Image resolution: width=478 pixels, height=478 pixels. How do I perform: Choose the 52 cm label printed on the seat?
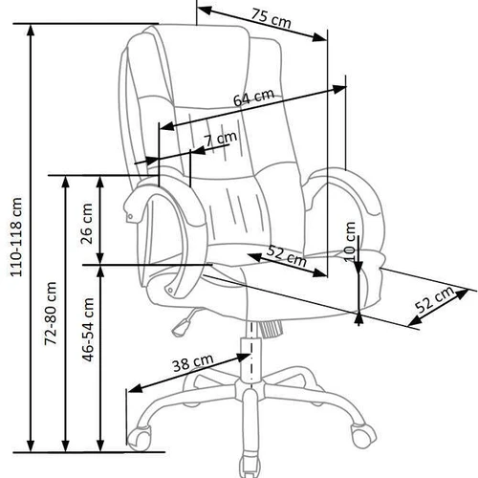[x=287, y=256]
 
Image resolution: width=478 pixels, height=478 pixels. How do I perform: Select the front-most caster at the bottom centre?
[x=252, y=460]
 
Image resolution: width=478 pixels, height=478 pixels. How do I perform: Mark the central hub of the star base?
[x=250, y=392]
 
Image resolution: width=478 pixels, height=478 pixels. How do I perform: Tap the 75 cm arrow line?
[x=263, y=26]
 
